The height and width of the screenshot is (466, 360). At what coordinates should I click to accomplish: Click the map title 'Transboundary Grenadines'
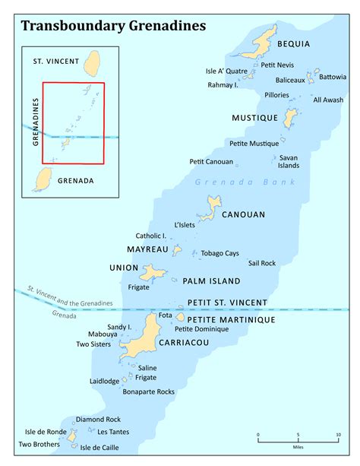coord(114,26)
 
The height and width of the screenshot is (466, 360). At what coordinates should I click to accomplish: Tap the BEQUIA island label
coord(293,44)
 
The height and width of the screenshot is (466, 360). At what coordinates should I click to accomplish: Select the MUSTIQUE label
coord(254,118)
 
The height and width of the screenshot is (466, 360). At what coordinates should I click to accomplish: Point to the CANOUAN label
coord(243,214)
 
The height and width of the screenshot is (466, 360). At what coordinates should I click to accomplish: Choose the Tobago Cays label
coord(220,253)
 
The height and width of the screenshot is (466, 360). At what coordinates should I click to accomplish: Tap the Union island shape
coord(155,271)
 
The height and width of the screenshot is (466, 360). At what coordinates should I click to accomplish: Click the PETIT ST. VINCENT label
coord(227,303)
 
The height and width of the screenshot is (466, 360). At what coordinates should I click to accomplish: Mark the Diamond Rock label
coord(98,419)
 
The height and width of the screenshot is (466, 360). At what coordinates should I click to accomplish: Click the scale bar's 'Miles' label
coord(298,445)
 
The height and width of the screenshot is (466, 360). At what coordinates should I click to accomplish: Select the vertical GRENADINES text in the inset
coord(35,122)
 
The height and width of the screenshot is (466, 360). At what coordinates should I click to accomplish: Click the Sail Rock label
coord(262,263)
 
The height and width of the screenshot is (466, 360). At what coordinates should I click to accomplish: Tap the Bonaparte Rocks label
coord(149,392)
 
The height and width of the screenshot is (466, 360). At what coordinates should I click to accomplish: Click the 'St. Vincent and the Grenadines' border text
coord(69,297)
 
